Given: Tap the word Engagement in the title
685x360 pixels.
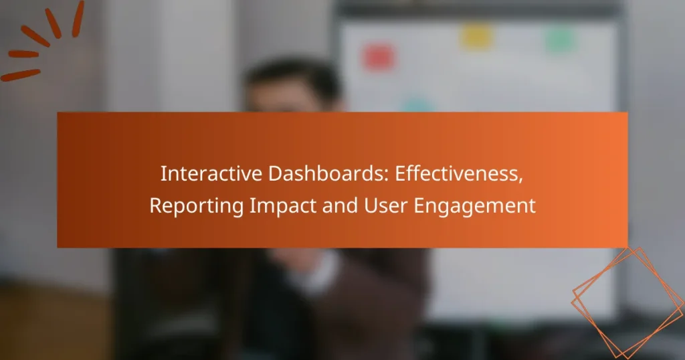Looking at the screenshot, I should coord(473,206).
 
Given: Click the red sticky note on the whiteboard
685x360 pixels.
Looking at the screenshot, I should coord(377,58).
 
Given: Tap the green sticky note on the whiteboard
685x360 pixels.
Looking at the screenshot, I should coord(559,40).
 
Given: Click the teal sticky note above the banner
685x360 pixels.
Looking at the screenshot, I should coord(416,105).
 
